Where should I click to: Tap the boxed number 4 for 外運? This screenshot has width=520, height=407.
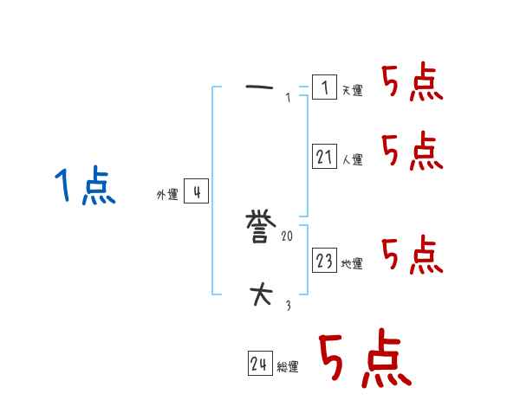coord(196,192)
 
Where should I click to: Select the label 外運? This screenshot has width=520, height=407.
coord(166,196)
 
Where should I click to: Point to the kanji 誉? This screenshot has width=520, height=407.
coord(261,228)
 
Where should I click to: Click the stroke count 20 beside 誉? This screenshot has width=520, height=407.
coord(287,236)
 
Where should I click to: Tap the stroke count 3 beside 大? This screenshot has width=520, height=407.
coord(288,305)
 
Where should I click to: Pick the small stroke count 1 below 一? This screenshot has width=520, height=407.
coord(288,98)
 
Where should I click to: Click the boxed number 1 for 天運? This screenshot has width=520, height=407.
coord(324,87)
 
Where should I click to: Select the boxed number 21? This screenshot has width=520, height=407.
coord(324,157)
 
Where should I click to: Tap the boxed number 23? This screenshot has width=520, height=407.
coord(324,260)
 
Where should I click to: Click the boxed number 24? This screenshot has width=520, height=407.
coord(259,364)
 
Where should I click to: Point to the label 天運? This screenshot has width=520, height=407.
coord(352,91)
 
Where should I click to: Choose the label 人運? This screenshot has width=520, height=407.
coord(352,160)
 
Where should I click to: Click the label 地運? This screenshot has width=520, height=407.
coord(352,263)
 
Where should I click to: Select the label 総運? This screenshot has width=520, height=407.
coord(287,367)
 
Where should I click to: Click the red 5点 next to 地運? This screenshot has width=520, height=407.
coord(412,255)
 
